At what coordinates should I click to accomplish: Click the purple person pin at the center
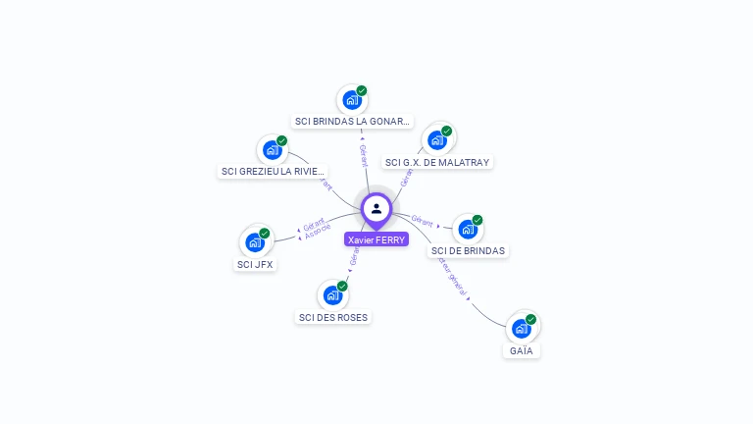pyautogui.click(x=376, y=209)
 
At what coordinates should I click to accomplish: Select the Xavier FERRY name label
pyautogui.click(x=376, y=239)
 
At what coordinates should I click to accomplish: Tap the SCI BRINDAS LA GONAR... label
pyautogui.click(x=352, y=122)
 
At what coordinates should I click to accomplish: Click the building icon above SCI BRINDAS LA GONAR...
pyautogui.click(x=352, y=99)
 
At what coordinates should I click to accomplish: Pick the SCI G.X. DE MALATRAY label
pyautogui.click(x=437, y=162)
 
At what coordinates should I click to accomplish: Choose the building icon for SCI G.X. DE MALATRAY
pyautogui.click(x=437, y=139)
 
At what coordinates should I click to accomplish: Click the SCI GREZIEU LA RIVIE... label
pyautogui.click(x=273, y=172)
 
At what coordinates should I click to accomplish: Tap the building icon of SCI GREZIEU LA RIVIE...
pyautogui.click(x=272, y=150)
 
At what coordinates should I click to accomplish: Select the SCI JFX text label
pyautogui.click(x=255, y=264)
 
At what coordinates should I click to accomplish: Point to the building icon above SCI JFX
pyautogui.click(x=255, y=241)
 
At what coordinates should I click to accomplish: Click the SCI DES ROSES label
pyautogui.click(x=333, y=317)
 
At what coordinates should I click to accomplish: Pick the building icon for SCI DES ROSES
pyautogui.click(x=333, y=294)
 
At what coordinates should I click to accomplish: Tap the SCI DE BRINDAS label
pyautogui.click(x=468, y=250)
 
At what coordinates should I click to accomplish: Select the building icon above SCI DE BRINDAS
pyautogui.click(x=468, y=229)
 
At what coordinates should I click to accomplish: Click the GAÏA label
pyautogui.click(x=522, y=350)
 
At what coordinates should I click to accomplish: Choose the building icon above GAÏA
pyautogui.click(x=522, y=328)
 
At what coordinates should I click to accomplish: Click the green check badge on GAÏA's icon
pyautogui.click(x=530, y=319)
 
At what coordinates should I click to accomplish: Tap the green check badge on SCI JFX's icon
pyautogui.click(x=264, y=233)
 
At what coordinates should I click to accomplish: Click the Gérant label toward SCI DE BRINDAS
pyautogui.click(x=423, y=222)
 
